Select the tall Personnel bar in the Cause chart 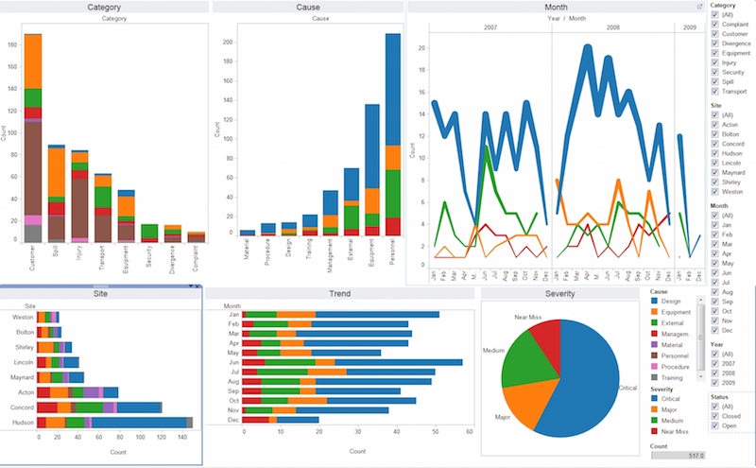point(392,132)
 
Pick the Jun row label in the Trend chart point(232,362)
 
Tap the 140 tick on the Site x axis point(185,438)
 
